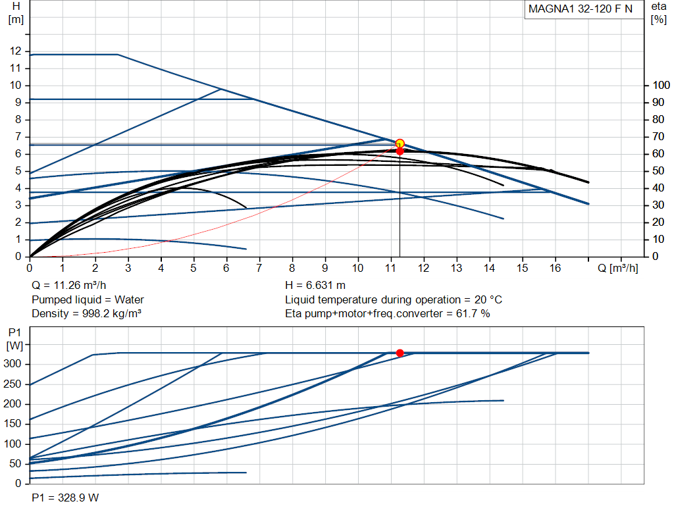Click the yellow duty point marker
pyautogui.click(x=400, y=143)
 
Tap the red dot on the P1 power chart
pyautogui.click(x=400, y=353)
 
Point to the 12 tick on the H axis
pyautogui.click(x=16, y=51)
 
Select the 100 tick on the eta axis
pyautogui.click(x=661, y=85)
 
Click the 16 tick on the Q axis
pyautogui.click(x=555, y=268)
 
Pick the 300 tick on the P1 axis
pyautogui.click(x=12, y=364)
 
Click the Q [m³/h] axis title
pyautogui.click(x=617, y=268)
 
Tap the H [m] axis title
pyautogui.click(x=16, y=13)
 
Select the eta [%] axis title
pyautogui.click(x=658, y=13)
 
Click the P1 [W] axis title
pyautogui.click(x=14, y=339)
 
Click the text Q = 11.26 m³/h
pyautogui.click(x=68, y=286)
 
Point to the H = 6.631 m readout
pyautogui.click(x=315, y=286)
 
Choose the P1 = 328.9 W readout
pyautogui.click(x=65, y=498)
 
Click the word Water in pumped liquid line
pyautogui.click(x=129, y=299)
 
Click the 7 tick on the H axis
pyautogui.click(x=18, y=137)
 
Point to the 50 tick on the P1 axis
pyautogui.click(x=15, y=464)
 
